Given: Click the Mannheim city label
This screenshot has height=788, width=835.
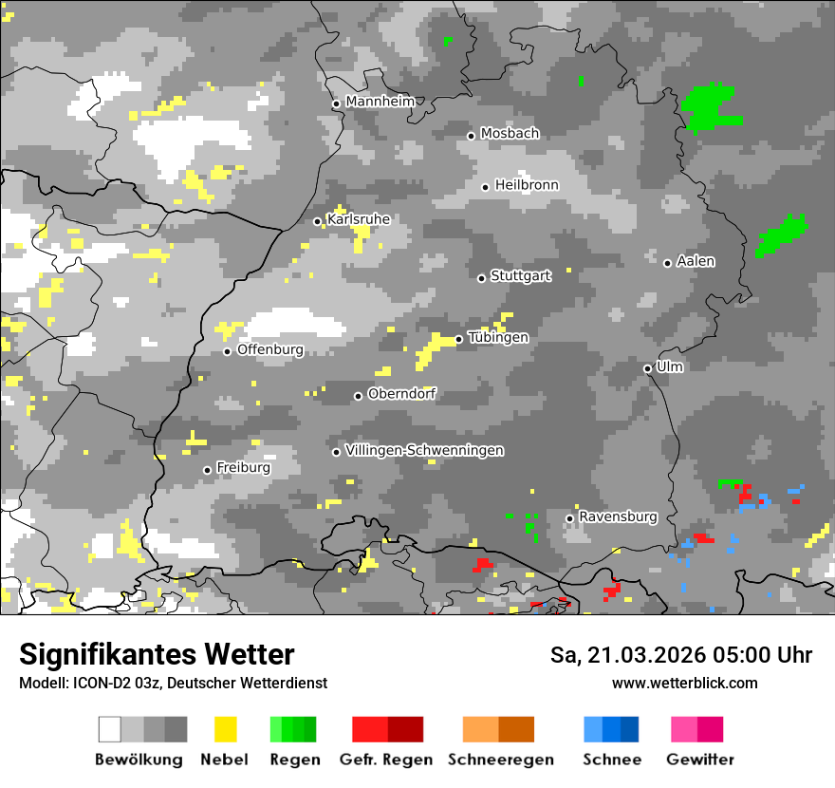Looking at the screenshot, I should coord(380,102).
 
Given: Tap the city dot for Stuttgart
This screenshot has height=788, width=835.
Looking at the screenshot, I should coord(482,278).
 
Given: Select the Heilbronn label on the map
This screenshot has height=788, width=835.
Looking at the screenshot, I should coord(527,185).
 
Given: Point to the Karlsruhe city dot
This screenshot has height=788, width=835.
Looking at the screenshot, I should coord(318,221).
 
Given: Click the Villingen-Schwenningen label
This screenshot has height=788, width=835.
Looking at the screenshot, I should coord(424,450).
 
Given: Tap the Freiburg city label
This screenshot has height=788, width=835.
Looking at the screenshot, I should coord(243,468).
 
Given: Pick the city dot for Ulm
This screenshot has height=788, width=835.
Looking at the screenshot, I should coord(648,368).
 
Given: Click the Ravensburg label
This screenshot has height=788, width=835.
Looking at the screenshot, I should coord(618,517).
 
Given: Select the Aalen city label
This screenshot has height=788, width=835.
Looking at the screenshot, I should coord(696,261).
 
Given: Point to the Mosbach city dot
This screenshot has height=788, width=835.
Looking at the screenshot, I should coord(471,136).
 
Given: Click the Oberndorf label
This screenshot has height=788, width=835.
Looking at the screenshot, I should coord(401,394).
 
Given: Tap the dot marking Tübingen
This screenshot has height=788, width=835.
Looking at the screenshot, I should coord(459,339).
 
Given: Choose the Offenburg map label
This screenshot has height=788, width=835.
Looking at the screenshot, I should coord(270,349).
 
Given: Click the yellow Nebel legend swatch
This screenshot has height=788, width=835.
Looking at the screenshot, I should coord(225,729).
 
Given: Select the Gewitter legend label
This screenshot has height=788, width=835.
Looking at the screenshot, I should coord(700,760).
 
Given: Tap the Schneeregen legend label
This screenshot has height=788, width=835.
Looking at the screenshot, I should coord(501,760).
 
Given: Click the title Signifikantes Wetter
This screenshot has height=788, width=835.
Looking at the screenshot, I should coord(157,655).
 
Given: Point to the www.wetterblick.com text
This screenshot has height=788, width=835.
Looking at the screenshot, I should coord(684,683).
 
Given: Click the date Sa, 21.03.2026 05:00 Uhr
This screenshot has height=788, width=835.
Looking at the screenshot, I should coord(681,655).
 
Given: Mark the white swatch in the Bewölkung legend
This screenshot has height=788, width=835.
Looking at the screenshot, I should coord(110,729).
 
